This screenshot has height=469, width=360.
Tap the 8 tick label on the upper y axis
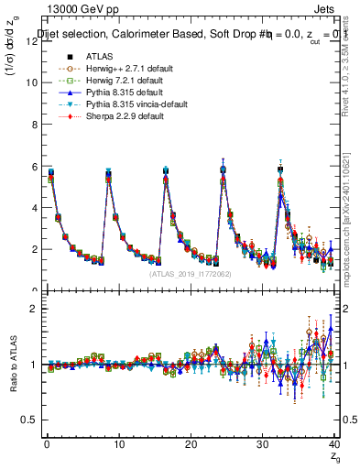(33, 125)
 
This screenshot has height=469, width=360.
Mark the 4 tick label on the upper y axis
(33, 208)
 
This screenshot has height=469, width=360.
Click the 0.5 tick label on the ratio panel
(27, 420)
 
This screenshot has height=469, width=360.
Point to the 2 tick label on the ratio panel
(33, 309)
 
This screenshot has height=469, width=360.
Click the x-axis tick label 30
(262, 444)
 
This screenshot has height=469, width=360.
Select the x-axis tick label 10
(118, 444)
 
